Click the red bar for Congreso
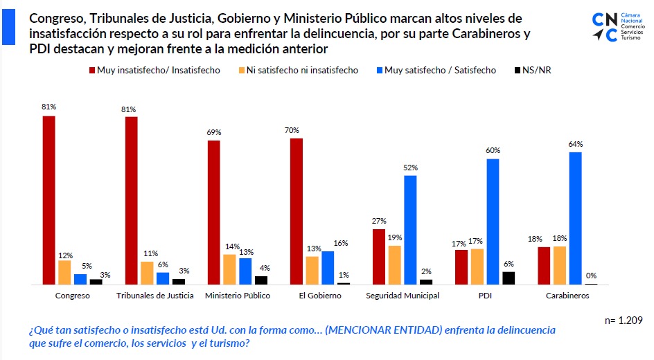pos(48,200)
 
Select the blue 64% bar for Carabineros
pos(575,218)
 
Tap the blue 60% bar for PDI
pos(493,222)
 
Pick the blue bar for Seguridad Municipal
pos(410,230)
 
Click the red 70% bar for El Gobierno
pos(296,211)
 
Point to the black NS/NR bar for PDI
pos(509,278)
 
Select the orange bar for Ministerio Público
pos(229,269)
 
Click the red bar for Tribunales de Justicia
pos(131,201)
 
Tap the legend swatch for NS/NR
pos(519,70)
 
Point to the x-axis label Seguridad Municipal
pos(403,296)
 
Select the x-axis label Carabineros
pos(567,296)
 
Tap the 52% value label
pos(411,168)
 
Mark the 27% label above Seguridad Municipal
pos(379,221)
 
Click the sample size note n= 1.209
pos(624,321)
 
